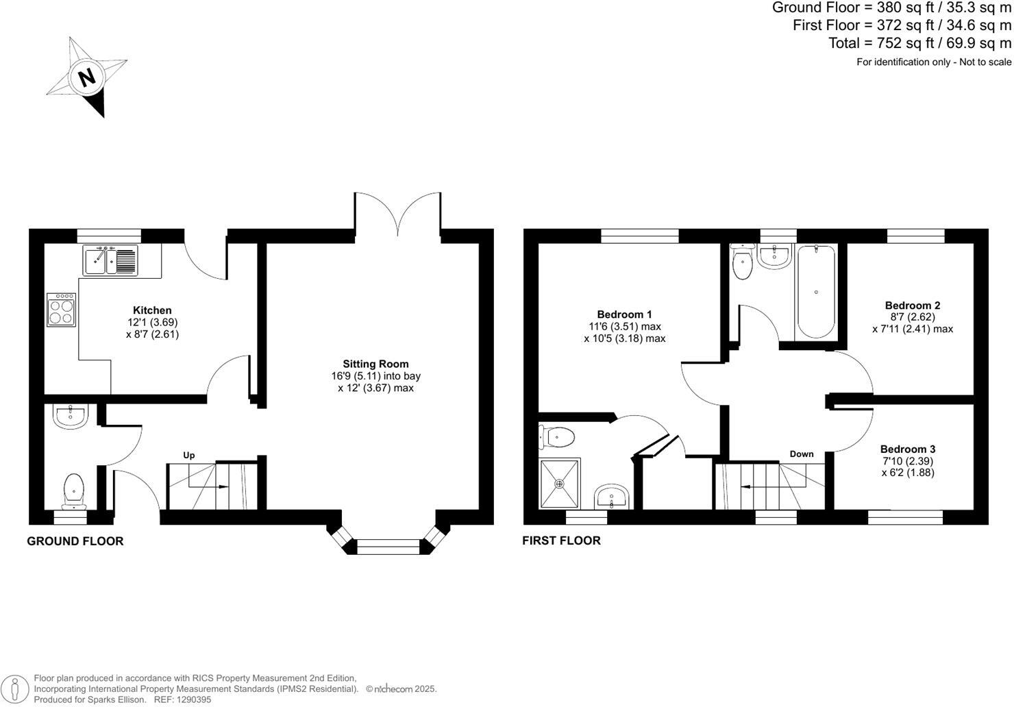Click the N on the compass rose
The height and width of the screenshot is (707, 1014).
87,77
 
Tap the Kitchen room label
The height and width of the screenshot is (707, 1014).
152,310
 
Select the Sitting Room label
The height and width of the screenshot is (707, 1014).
375,364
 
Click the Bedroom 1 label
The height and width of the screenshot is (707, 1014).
624,314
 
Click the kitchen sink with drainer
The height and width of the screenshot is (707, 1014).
110,260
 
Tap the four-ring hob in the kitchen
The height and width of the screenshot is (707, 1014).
62,310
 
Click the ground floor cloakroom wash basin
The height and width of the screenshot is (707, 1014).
69,416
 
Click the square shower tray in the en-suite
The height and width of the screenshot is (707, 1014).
560,484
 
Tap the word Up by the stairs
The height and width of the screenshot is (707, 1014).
189,455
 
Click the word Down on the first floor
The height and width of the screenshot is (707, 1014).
802,454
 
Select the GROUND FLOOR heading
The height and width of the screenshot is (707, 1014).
75,541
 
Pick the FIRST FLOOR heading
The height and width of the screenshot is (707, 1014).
561,541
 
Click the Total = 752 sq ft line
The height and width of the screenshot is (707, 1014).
919,43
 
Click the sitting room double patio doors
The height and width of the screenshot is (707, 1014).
397,214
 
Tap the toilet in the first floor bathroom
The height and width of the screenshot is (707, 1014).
742,264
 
